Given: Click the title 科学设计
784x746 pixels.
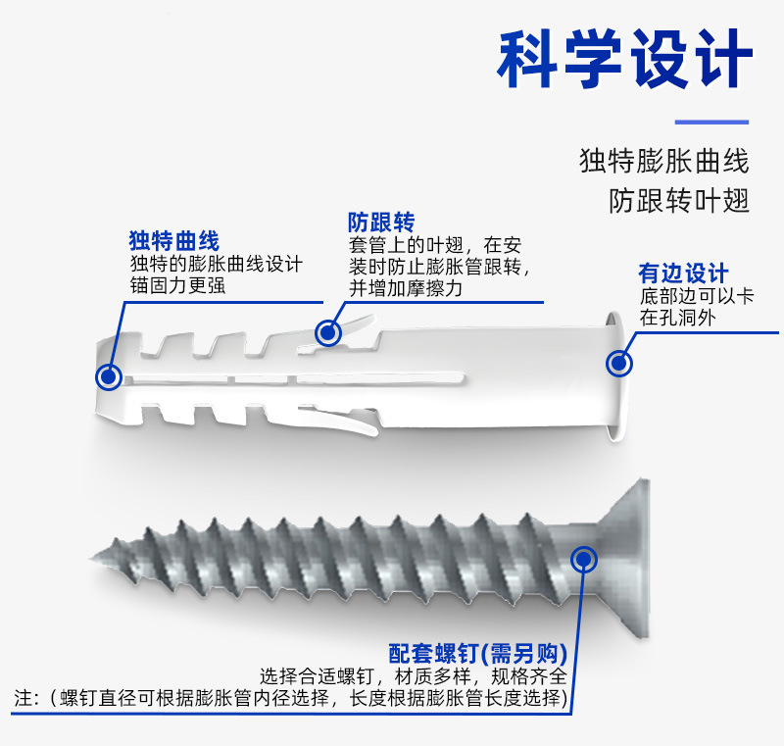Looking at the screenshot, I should coord(624,61).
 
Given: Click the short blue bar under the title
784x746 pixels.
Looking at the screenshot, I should coord(712,123).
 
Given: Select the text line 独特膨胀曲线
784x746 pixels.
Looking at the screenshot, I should coord(664,161).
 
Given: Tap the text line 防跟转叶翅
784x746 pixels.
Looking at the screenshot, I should coord(679,200).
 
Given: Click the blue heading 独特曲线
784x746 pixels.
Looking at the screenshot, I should coord(174,241).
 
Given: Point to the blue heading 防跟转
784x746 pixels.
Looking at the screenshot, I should coord(381,222).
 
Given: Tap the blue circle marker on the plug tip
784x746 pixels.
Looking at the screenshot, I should coord(109,375).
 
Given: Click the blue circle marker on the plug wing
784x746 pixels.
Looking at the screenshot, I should coord(328,332).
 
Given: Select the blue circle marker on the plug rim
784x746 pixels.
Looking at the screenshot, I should coord(618,364).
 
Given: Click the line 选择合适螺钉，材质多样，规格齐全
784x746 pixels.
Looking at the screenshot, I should coord(413,676).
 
